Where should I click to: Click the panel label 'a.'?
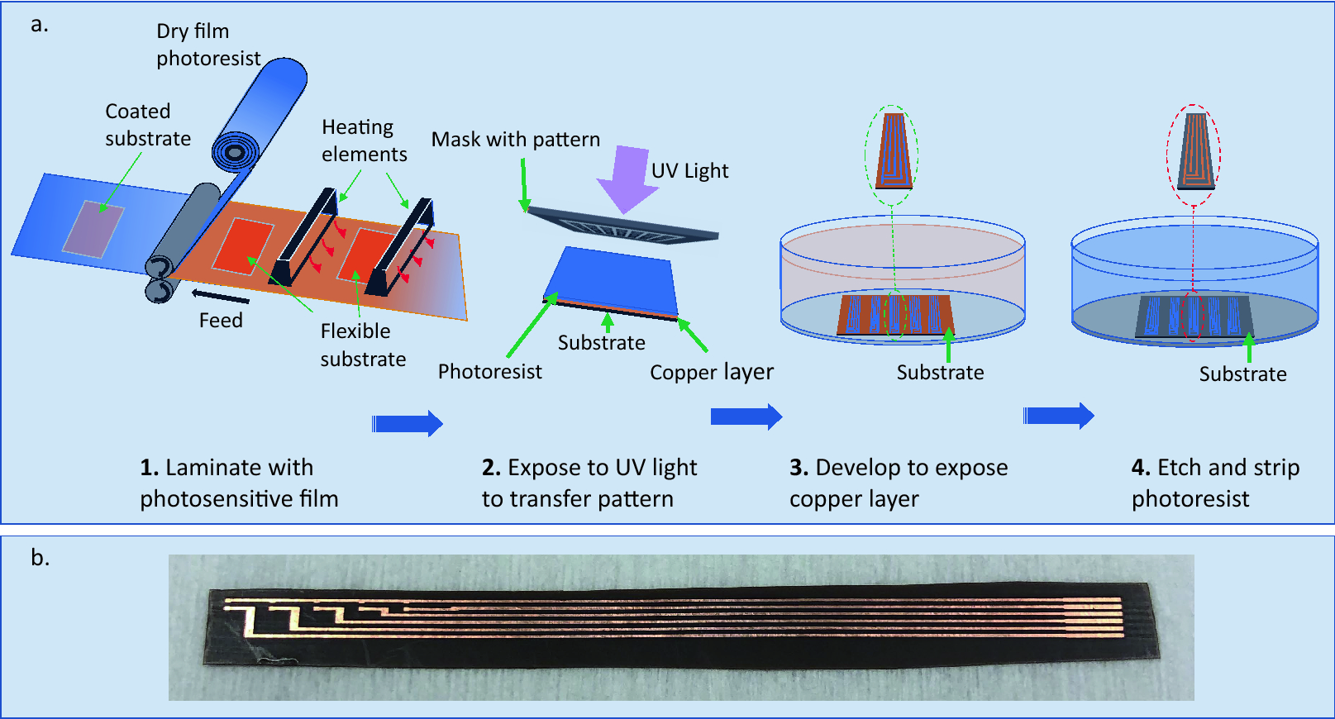pyautogui.click(x=39, y=25)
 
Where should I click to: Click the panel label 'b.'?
pyautogui.click(x=40, y=559)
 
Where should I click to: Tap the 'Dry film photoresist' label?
pyautogui.click(x=207, y=45)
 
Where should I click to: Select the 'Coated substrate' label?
pyautogui.click(x=147, y=125)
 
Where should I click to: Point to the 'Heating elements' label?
pyautogui.click(x=364, y=140)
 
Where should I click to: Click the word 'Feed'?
pyautogui.click(x=221, y=321)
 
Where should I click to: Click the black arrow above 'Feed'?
pyautogui.click(x=220, y=296)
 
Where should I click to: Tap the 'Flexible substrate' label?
pyautogui.click(x=363, y=345)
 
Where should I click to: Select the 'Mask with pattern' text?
pyautogui.click(x=515, y=140)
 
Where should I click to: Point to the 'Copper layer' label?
pyautogui.click(x=711, y=372)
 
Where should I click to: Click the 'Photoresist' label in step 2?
pyautogui.click(x=489, y=372)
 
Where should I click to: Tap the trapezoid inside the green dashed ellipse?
pyautogui.click(x=893, y=151)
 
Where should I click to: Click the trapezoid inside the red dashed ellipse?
pyautogui.click(x=1194, y=150)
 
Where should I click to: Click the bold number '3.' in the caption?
pyautogui.click(x=799, y=468)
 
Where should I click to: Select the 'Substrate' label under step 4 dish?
pyautogui.click(x=1242, y=374)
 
